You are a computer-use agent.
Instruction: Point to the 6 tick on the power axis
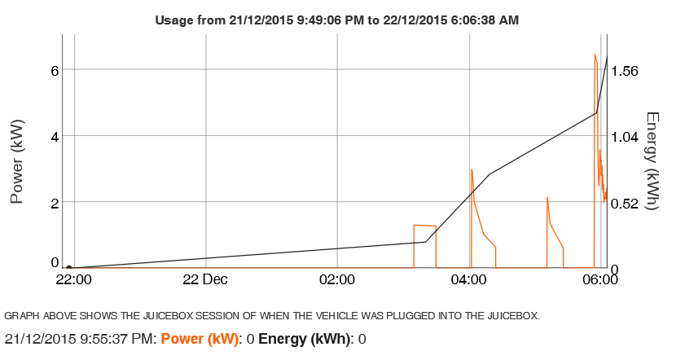[x=55, y=71]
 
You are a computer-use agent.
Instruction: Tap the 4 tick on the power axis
[x=55, y=136]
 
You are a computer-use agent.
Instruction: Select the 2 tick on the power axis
[x=55, y=202]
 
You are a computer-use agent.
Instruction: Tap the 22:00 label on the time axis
[x=73, y=280]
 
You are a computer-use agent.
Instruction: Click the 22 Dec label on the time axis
[x=205, y=280]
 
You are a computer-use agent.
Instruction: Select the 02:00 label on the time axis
[x=337, y=280]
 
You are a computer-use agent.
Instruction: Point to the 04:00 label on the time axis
[x=470, y=280]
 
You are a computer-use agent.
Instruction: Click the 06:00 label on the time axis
[x=601, y=280]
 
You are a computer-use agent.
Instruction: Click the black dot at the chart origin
[x=69, y=267]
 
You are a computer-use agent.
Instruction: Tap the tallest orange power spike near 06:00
[x=595, y=55]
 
